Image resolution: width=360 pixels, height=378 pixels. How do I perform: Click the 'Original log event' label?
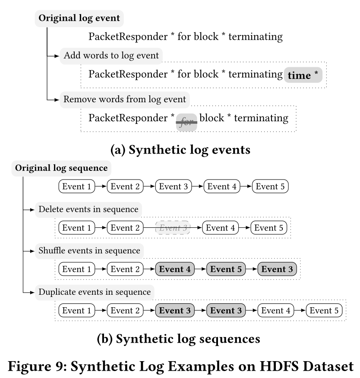tap(80, 19)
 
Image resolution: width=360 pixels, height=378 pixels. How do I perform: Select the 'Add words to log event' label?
tap(111, 56)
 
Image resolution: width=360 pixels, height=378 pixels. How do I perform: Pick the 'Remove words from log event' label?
tap(125, 99)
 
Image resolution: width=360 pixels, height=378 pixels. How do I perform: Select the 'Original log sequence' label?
tap(61, 168)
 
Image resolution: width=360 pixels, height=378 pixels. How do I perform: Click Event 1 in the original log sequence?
tap(77, 187)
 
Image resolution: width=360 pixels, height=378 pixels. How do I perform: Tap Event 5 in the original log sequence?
tap(270, 187)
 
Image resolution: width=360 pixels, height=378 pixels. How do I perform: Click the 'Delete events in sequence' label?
tap(88, 209)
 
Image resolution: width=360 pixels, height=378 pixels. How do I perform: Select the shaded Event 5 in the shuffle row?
tap(226, 269)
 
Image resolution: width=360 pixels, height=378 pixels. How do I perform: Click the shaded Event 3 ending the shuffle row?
tap(277, 269)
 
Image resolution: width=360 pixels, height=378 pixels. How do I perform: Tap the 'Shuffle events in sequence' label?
tap(89, 250)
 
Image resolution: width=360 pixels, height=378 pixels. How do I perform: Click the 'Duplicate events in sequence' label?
tap(95, 292)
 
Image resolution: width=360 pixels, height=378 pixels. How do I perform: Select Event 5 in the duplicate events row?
tap(324, 310)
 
